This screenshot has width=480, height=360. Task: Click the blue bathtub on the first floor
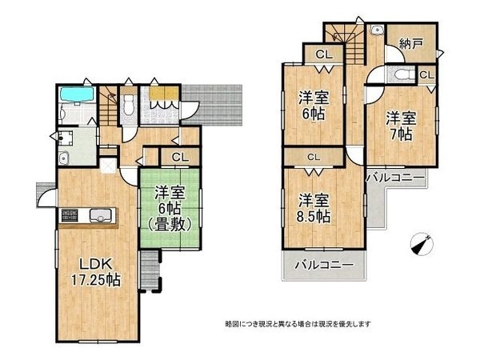pos(77,96)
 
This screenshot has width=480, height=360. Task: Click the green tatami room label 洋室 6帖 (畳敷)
pos(170,206)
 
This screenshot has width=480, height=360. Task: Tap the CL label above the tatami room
pos(180,157)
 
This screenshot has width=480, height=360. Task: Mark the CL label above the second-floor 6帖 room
pos(322,54)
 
